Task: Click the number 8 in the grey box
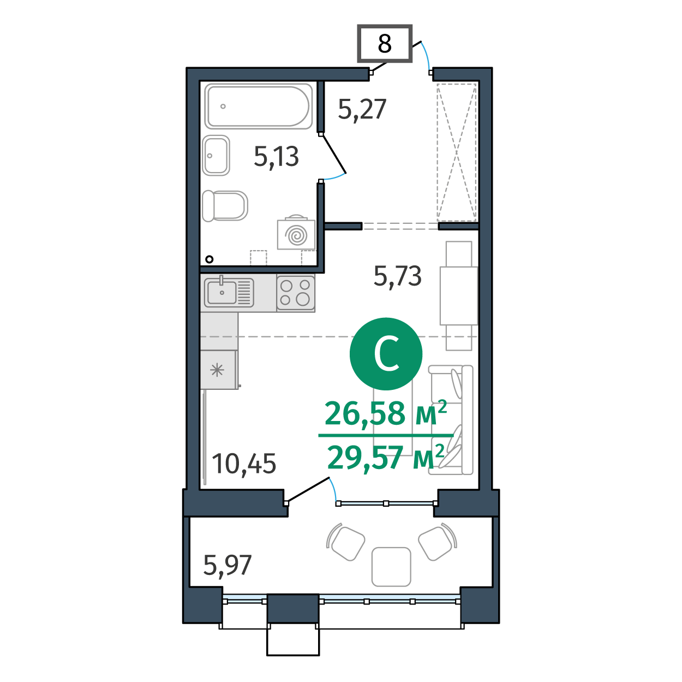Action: pyautogui.click(x=384, y=44)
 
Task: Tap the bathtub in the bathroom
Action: pyautogui.click(x=259, y=106)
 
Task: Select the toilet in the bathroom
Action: pyautogui.click(x=225, y=206)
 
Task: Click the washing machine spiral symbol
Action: pyautogui.click(x=297, y=235)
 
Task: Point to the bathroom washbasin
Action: pyautogui.click(x=216, y=155)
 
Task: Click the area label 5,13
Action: pyautogui.click(x=276, y=157)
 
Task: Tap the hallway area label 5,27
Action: pyautogui.click(x=362, y=109)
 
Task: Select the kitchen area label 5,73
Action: pyautogui.click(x=397, y=276)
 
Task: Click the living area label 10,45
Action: pyautogui.click(x=244, y=465)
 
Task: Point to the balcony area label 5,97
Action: pyautogui.click(x=227, y=566)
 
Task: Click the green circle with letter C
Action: pyautogui.click(x=386, y=354)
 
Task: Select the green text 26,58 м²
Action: pyautogui.click(x=386, y=413)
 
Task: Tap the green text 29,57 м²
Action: pyautogui.click(x=386, y=457)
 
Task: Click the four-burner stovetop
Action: pyautogui.click(x=296, y=294)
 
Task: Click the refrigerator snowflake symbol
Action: pyautogui.click(x=217, y=371)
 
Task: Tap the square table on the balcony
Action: pyautogui.click(x=391, y=567)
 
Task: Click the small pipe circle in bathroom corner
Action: pyautogui.click(x=210, y=259)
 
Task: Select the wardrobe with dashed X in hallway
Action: pyautogui.click(x=457, y=152)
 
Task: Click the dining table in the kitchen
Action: pyautogui.click(x=459, y=296)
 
